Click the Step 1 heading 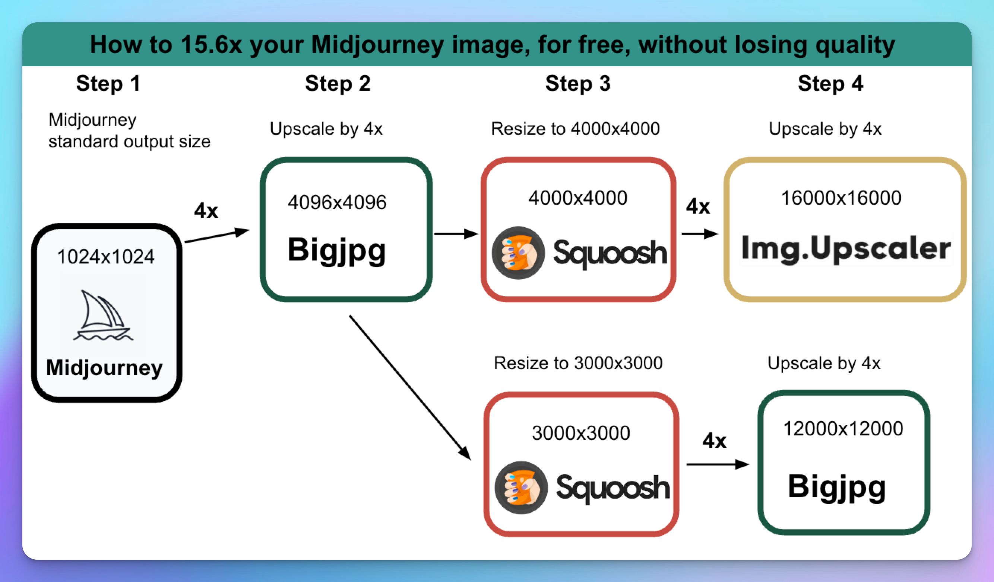(108, 83)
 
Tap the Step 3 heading (578, 83)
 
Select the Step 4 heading (830, 83)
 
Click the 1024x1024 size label (106, 257)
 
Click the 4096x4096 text (337, 202)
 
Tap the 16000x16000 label (841, 198)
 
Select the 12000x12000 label (843, 429)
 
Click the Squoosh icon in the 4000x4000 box (518, 253)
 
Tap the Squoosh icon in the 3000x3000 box (521, 487)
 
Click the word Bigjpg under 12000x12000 (837, 487)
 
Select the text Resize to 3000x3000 (578, 363)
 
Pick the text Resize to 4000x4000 (575, 129)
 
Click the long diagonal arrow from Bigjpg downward (410, 388)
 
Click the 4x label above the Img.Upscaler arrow (698, 207)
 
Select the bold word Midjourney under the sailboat (104, 367)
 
